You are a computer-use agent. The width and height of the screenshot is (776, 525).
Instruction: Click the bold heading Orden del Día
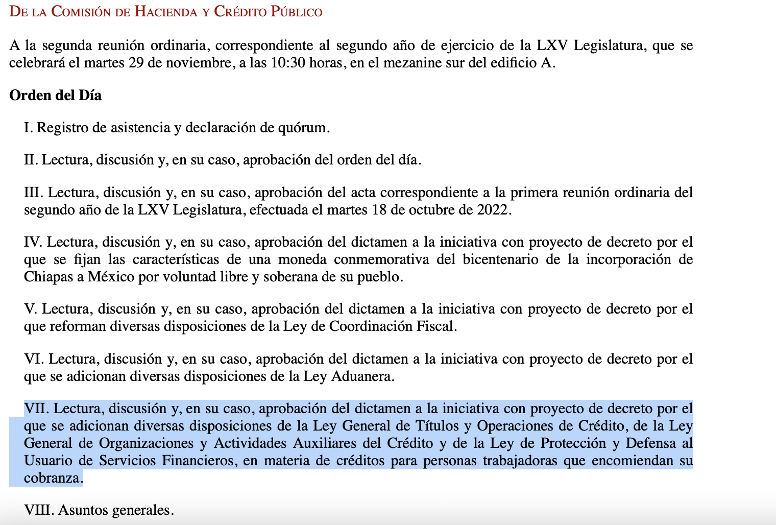55,96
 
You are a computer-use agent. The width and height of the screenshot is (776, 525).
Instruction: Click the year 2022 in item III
494,210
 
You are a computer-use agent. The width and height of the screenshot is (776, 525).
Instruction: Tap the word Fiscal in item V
437,326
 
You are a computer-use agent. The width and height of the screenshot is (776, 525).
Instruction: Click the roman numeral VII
36,409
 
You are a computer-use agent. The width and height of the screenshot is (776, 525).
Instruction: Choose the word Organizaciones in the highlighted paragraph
147,443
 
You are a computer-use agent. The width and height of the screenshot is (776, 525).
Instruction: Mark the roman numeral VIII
39,510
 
